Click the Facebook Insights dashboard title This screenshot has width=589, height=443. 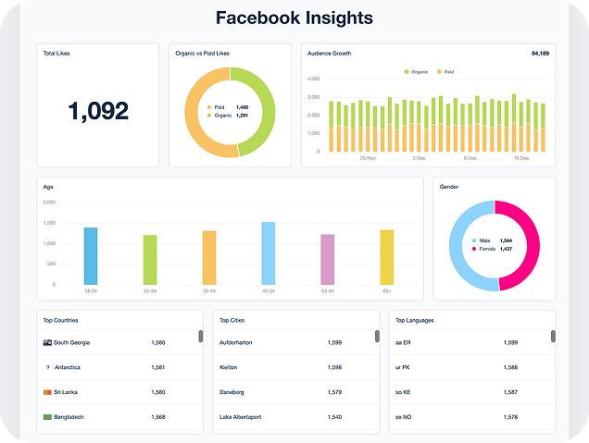294,18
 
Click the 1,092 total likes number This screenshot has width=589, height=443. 97,111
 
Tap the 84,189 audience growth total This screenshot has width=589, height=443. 540,53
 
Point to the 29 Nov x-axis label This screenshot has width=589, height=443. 368,158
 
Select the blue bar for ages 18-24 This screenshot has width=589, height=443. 91,256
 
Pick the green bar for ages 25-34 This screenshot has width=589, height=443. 150,260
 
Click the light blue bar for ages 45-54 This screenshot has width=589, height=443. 269,253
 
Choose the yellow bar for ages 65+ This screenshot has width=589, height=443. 387,257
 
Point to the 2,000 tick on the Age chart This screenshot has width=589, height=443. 49,202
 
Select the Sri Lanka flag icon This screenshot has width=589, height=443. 47,392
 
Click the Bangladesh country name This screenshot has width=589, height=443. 69,417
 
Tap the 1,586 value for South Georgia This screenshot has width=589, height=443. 158,343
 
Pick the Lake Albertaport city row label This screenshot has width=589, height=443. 240,417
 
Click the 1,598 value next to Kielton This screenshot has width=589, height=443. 334,368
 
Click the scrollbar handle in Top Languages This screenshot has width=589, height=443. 553,336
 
